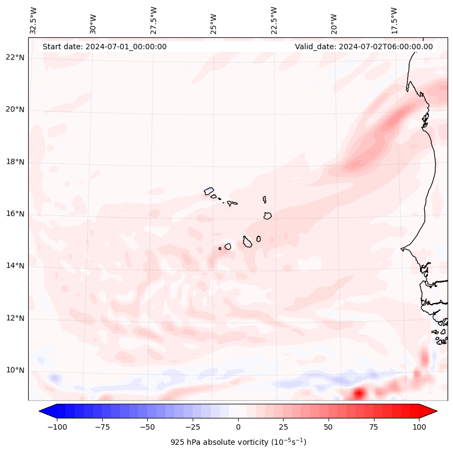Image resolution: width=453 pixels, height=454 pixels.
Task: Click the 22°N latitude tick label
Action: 16,58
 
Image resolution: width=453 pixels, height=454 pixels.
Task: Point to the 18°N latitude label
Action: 16,162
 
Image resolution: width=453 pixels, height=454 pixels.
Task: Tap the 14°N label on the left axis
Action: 16,266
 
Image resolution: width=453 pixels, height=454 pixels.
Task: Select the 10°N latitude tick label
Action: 16,371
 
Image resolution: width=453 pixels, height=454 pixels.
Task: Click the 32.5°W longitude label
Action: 34,21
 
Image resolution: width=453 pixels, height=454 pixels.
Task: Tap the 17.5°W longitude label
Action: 394,21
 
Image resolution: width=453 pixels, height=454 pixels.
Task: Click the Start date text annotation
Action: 104,47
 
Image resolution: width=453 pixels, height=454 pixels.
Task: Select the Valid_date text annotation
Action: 364,47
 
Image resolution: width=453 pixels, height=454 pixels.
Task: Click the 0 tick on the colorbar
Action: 238,427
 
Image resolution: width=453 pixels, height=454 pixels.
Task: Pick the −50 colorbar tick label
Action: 148,427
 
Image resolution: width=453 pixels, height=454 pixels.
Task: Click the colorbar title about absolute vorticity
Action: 238,442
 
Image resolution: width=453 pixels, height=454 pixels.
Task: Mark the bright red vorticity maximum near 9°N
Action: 358,393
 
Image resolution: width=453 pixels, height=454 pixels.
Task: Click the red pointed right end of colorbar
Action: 428,411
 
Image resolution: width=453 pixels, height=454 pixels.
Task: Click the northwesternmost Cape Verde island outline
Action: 209,190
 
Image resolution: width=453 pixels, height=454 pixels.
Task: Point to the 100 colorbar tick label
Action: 419,427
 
